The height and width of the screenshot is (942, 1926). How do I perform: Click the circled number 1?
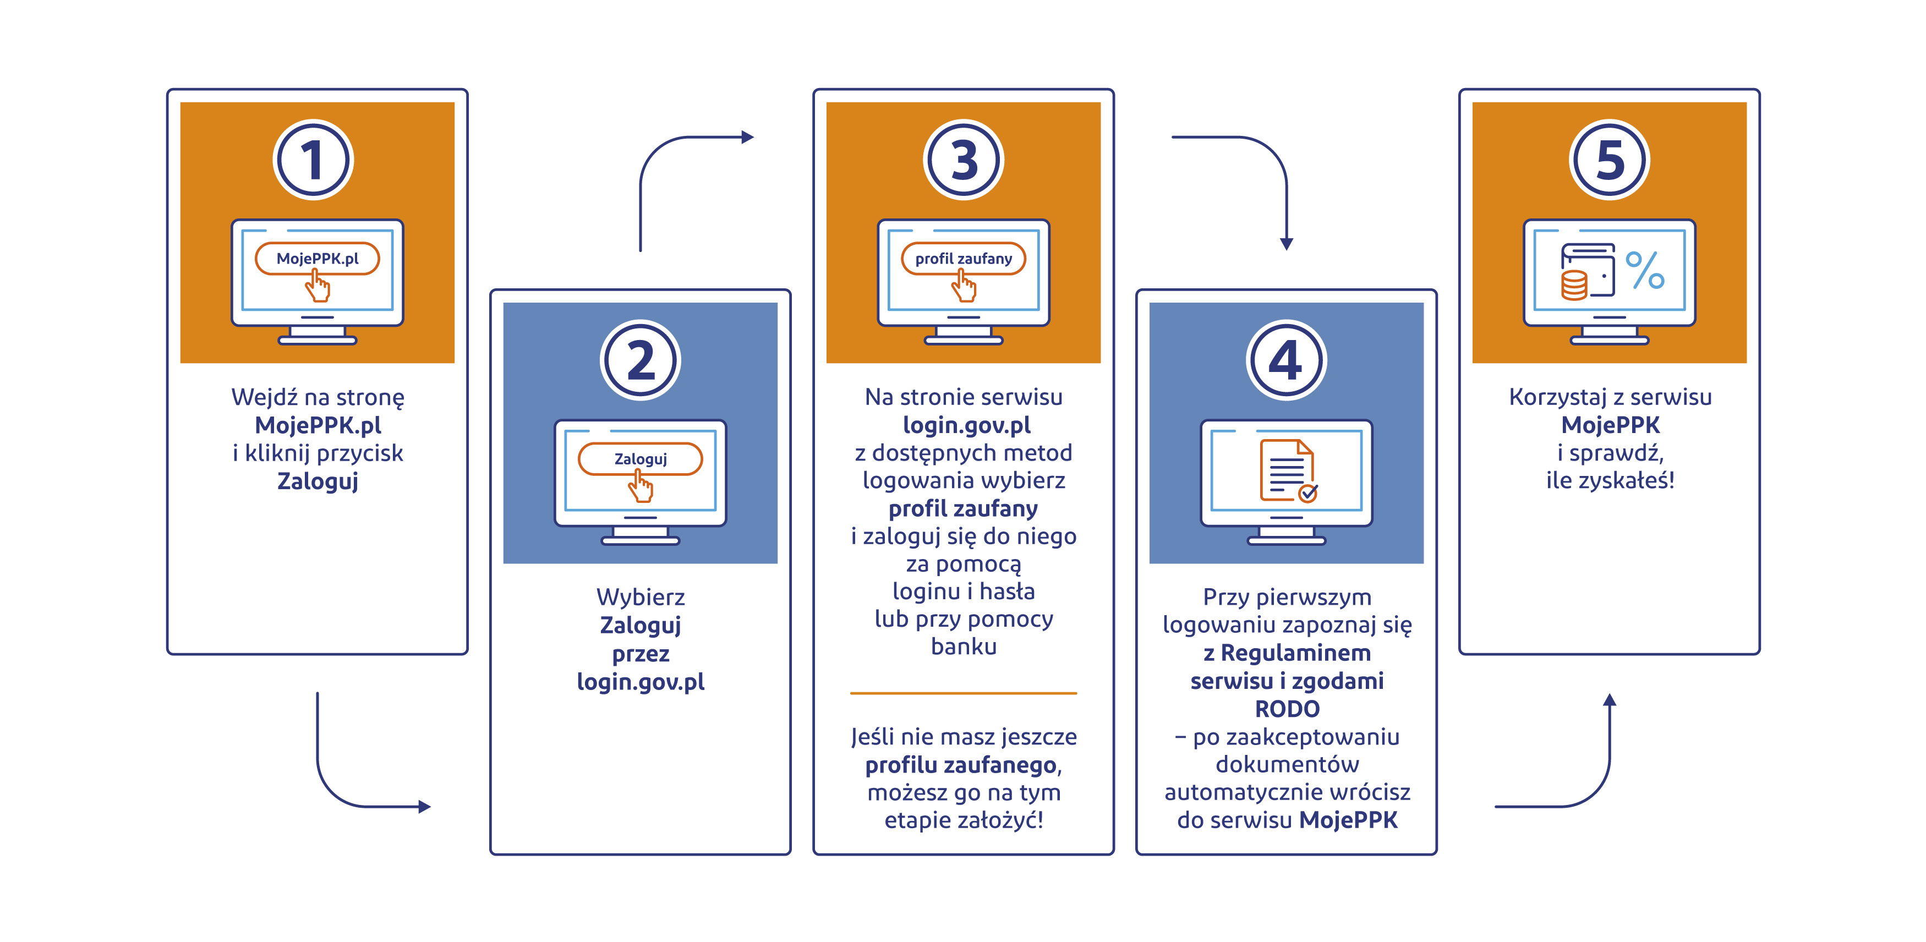pyautogui.click(x=313, y=160)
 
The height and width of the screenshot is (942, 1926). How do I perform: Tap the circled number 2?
pyautogui.click(x=640, y=360)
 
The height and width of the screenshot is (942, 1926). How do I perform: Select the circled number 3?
pyautogui.click(x=963, y=160)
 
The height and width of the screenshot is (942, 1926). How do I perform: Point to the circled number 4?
pyautogui.click(x=1286, y=360)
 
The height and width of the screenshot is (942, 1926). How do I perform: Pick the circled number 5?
pyautogui.click(x=1609, y=160)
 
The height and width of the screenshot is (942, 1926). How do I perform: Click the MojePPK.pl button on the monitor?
pyautogui.click(x=317, y=259)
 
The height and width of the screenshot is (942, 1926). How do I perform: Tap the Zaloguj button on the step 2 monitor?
pyautogui.click(x=640, y=459)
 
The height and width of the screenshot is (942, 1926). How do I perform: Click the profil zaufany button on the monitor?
pyautogui.click(x=963, y=259)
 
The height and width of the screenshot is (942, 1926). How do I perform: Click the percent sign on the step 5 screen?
pyautogui.click(x=1645, y=270)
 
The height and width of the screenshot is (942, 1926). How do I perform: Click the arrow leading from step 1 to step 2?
pyautogui.click(x=352, y=792)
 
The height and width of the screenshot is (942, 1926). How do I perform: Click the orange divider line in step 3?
pyautogui.click(x=963, y=693)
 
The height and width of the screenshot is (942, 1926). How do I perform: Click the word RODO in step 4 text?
pyautogui.click(x=1287, y=709)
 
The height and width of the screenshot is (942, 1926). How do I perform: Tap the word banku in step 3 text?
pyautogui.click(x=963, y=647)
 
